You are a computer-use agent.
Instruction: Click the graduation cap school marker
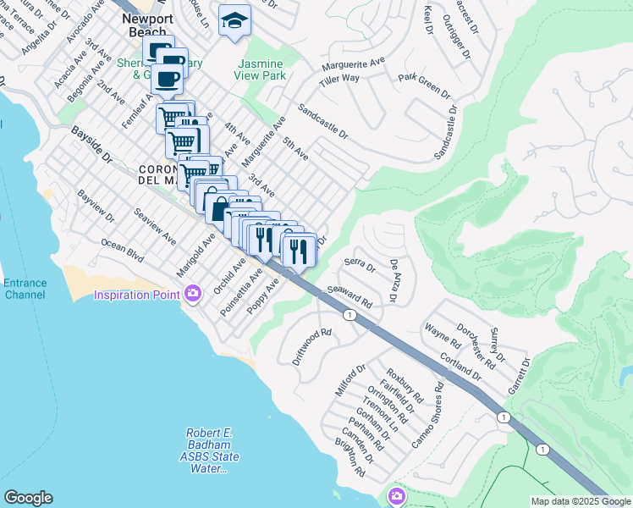pos(234,19)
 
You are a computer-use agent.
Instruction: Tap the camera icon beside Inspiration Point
pos(193,294)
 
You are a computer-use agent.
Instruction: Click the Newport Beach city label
pos(148,25)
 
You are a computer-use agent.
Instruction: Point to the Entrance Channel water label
pos(25,290)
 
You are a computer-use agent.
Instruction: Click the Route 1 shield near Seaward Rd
pos(349,315)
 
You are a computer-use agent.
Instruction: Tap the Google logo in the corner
pos(28,497)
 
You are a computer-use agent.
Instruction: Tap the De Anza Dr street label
pos(394,282)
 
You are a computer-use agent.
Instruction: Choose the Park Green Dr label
pos(421,79)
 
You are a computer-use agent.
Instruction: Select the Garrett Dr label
pos(519,373)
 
